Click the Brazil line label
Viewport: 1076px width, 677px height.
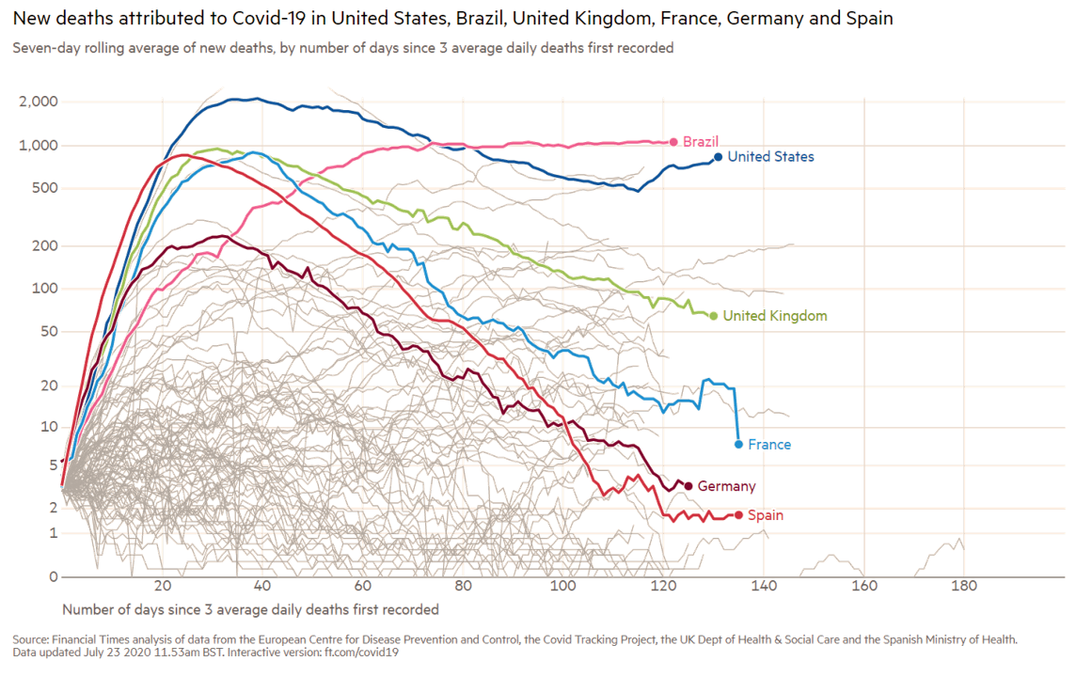point(701,141)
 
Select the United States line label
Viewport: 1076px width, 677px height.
point(770,157)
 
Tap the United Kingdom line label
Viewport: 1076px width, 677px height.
point(774,317)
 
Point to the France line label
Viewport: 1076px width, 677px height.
point(768,444)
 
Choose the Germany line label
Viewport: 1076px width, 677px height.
point(726,486)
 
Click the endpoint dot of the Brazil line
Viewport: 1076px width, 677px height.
point(673,141)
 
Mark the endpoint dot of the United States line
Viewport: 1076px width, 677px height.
point(718,157)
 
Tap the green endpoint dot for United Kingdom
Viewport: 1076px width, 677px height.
point(714,316)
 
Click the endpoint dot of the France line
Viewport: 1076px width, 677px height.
point(738,443)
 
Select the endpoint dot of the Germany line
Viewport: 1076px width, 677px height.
point(688,485)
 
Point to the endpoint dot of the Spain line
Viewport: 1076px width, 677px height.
point(739,514)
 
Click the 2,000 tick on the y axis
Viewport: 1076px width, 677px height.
point(39,102)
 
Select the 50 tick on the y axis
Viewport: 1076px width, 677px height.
point(49,331)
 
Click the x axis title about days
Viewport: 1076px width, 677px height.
point(251,608)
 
